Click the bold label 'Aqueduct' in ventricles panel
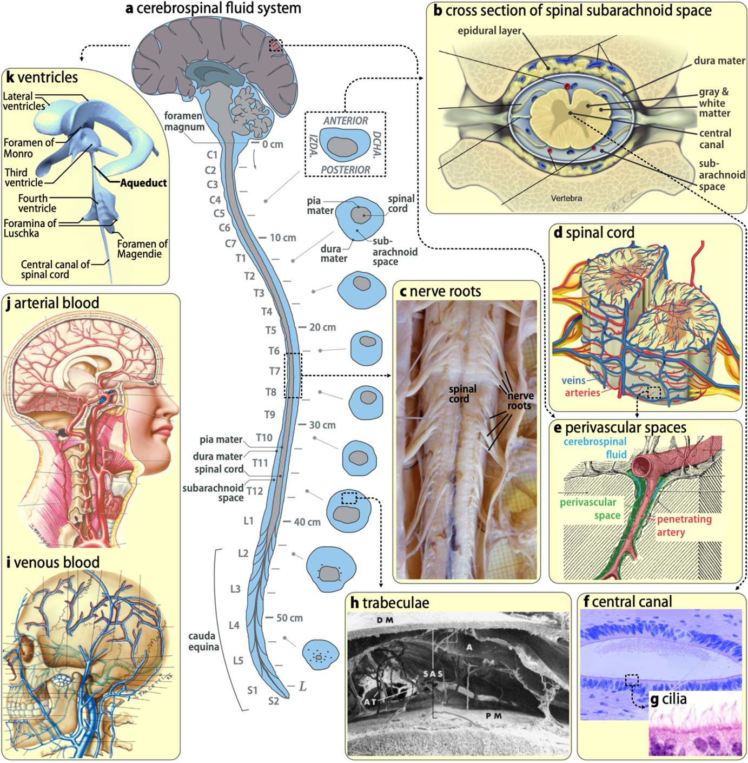point(143,183)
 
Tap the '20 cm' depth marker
point(322,327)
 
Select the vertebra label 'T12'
point(255,491)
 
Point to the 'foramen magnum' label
point(184,121)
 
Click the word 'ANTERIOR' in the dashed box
point(346,121)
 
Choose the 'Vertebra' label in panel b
point(566,199)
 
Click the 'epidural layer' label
point(489,31)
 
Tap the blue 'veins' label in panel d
point(573,380)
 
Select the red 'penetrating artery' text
point(684,525)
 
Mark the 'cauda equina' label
point(203,641)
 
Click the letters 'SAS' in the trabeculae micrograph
point(433,674)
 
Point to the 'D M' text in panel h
point(385,620)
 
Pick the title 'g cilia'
point(668,699)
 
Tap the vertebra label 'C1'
point(212,155)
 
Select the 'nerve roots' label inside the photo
point(520,400)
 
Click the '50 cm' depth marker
point(289,618)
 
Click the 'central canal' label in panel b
point(714,139)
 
